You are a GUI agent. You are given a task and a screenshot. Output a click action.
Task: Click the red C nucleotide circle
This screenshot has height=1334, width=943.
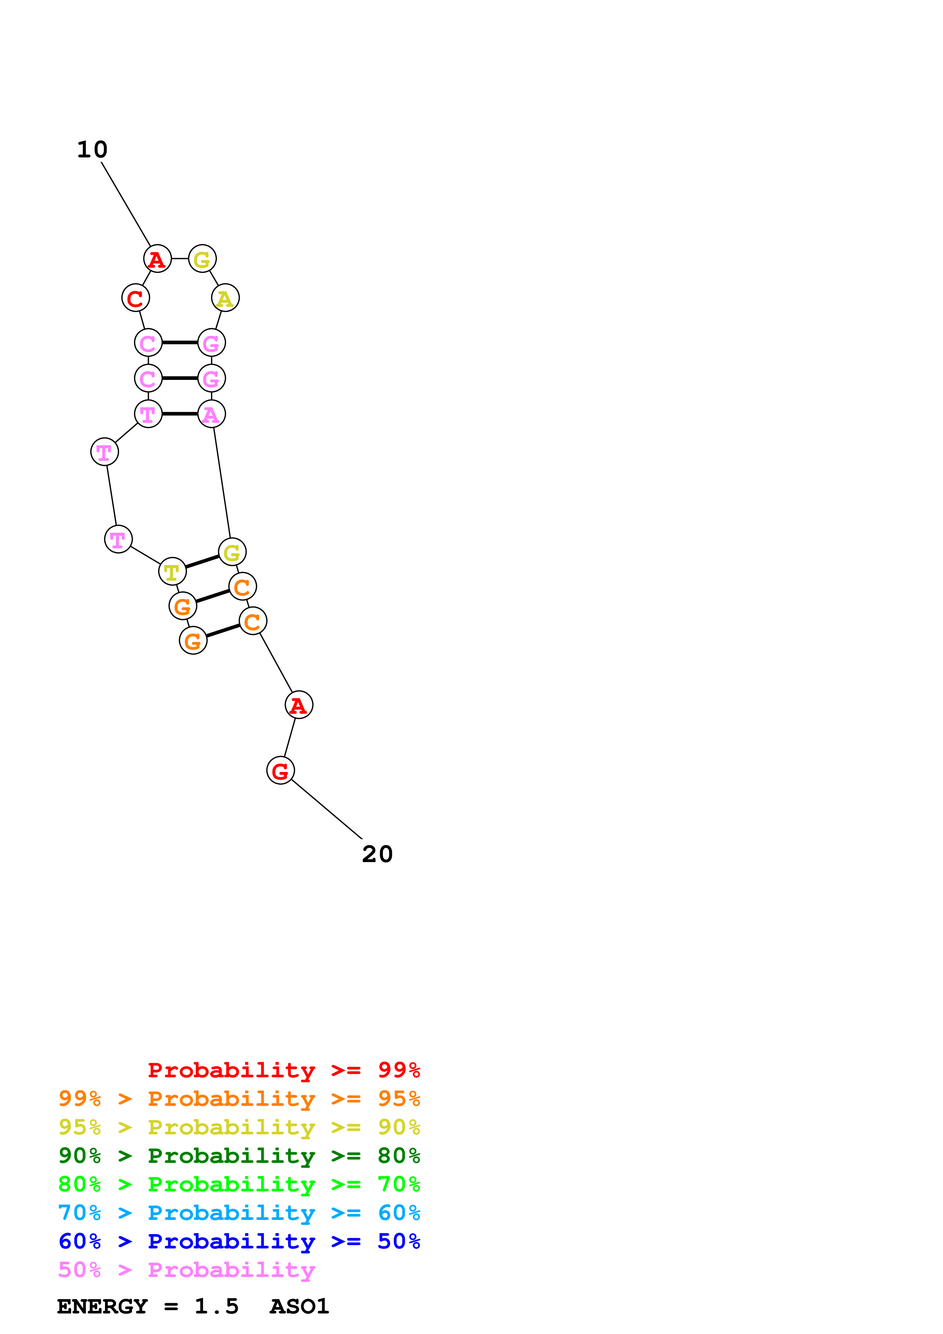click(x=135, y=298)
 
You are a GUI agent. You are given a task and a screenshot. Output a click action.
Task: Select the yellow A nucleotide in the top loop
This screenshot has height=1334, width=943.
click(x=225, y=298)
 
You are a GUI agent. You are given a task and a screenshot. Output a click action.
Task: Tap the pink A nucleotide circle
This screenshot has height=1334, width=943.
click(x=211, y=414)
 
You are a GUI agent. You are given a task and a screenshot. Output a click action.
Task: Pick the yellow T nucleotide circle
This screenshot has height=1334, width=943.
click(x=172, y=572)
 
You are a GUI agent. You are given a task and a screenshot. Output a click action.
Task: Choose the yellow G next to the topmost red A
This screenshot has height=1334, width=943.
click(x=202, y=259)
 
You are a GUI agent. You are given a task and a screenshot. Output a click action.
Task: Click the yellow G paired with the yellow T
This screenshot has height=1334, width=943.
click(x=232, y=551)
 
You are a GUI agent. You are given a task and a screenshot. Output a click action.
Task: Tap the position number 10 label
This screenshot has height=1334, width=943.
click(x=92, y=150)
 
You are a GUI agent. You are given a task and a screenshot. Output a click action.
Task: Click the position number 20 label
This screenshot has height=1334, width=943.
click(x=377, y=854)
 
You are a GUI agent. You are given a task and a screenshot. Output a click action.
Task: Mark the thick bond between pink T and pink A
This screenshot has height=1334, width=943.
click(x=180, y=414)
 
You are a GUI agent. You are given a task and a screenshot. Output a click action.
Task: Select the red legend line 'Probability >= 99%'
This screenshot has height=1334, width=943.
click(x=283, y=1070)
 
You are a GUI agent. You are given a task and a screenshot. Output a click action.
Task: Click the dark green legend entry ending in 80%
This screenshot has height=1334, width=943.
click(x=239, y=1156)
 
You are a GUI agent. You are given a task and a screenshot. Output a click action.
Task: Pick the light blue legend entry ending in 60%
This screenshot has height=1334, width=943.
click(x=239, y=1213)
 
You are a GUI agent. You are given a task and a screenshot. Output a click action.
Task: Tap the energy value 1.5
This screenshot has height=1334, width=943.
click(x=216, y=1306)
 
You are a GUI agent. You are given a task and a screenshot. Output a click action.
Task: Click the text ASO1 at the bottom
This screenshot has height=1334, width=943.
click(x=299, y=1306)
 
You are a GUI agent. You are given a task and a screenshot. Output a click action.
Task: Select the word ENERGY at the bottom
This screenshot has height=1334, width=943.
click(x=102, y=1306)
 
